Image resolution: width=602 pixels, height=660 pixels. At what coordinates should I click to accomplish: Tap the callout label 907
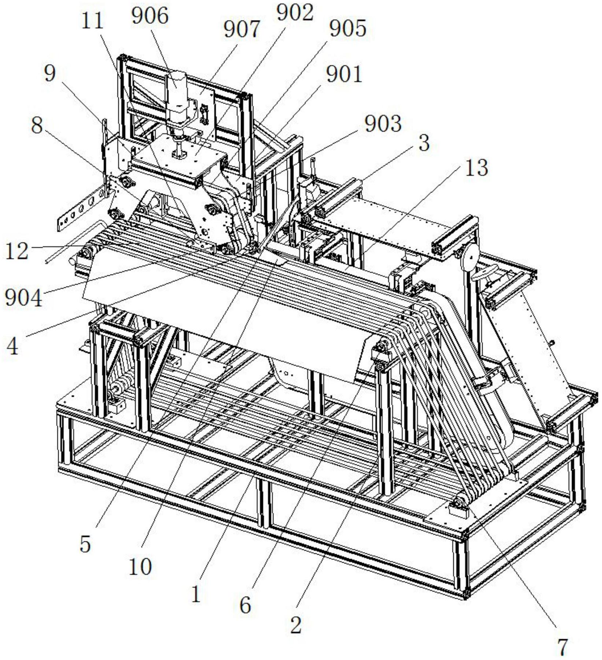tap(242, 30)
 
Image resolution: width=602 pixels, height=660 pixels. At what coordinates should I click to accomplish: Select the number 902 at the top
tap(295, 13)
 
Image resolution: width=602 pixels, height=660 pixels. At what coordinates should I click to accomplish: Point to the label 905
tap(348, 29)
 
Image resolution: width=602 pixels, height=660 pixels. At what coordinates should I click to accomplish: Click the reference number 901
tap(344, 75)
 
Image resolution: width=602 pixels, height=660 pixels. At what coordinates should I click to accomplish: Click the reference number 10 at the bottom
tap(141, 567)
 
